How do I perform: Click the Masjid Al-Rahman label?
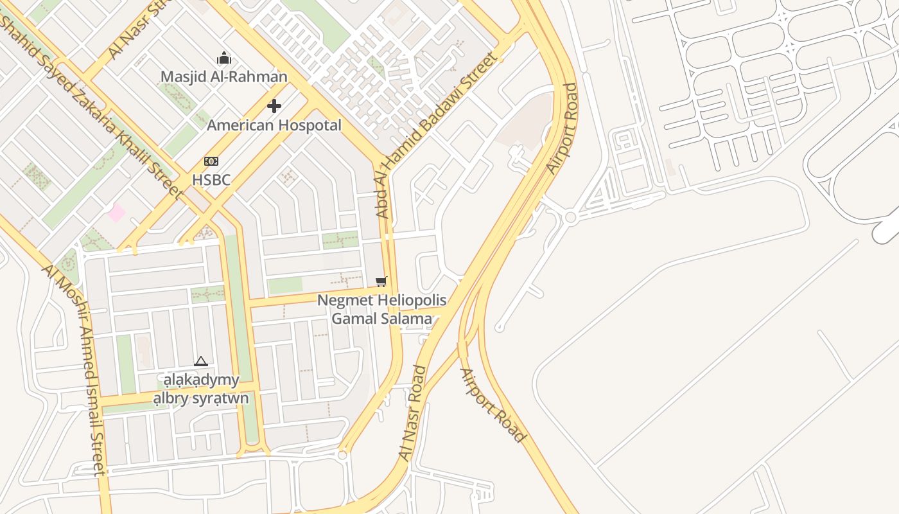pos(223,77)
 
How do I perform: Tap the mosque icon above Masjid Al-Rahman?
pos(223,58)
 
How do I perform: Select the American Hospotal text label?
pos(274,125)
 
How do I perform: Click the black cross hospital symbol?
pos(274,105)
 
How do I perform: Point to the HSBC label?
pos(211,180)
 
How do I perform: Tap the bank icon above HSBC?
pos(211,161)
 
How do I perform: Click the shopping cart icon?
pos(381,281)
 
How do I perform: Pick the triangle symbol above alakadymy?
pos(201,362)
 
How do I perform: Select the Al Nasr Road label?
pos(412,412)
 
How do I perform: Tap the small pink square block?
pos(116,213)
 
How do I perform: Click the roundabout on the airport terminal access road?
pos(570,218)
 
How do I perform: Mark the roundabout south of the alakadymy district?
pos(342,455)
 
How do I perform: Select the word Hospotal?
pos(309,125)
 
